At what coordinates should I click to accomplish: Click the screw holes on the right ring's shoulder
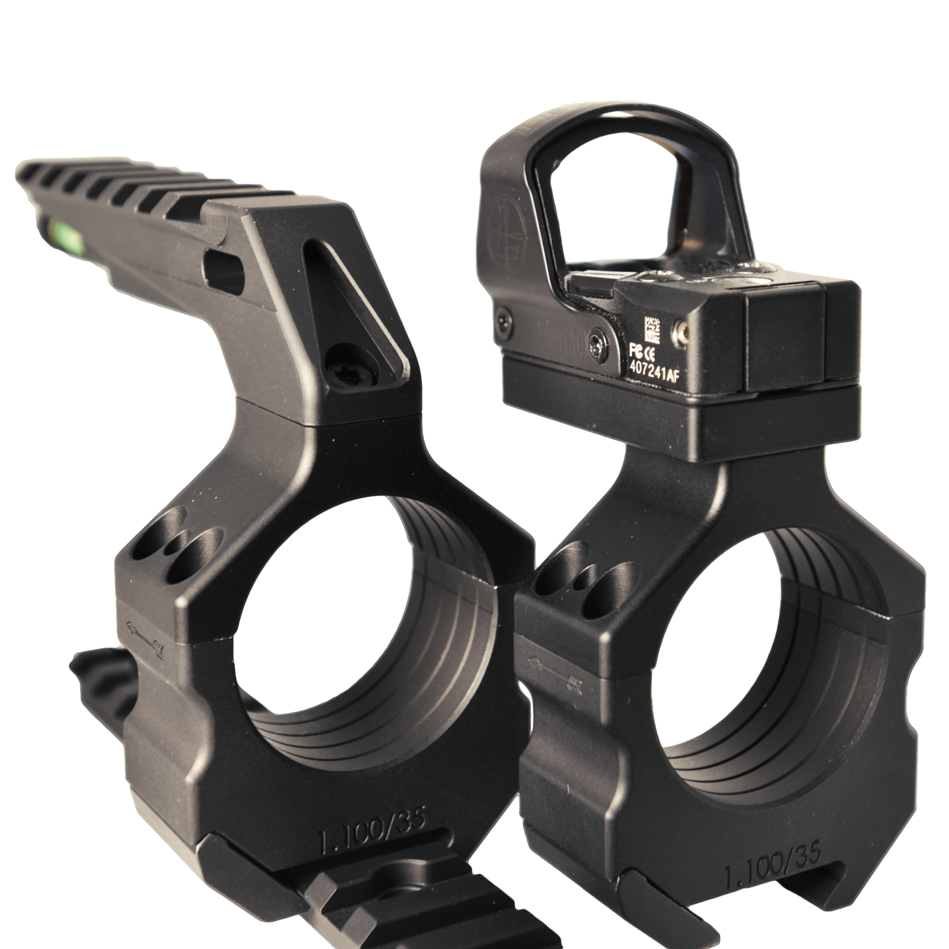[x=581, y=569]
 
